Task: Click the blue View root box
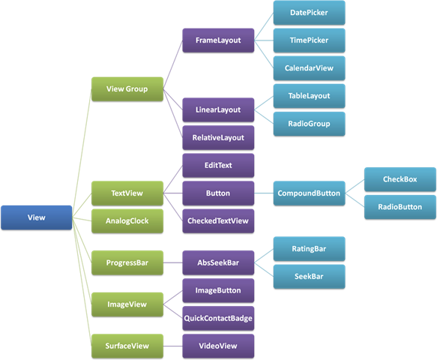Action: [x=36, y=217]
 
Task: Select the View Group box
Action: [x=127, y=88]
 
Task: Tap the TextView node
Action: [x=127, y=193]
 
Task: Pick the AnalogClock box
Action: [x=127, y=222]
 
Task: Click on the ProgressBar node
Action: [x=127, y=263]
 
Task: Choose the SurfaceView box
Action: [x=127, y=346]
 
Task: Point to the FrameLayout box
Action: [x=218, y=40]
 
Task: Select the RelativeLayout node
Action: [x=218, y=138]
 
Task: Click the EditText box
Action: [x=218, y=164]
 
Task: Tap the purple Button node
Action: [x=218, y=193]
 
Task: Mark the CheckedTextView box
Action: [x=218, y=220]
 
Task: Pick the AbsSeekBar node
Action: [x=218, y=262]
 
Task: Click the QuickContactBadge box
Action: [x=218, y=318]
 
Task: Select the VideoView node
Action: [x=218, y=346]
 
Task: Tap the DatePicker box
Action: [x=309, y=13]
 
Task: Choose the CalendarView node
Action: [x=309, y=68]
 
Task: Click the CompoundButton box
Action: [x=308, y=193]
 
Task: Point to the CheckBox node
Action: [x=400, y=179]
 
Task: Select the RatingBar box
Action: [x=309, y=248]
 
